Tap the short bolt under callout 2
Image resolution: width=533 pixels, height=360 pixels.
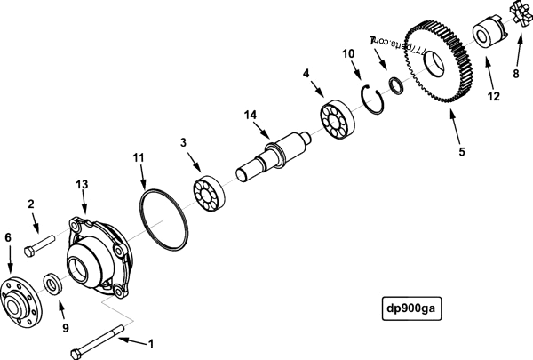tap(41, 242)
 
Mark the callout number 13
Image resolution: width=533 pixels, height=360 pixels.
tap(82, 183)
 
